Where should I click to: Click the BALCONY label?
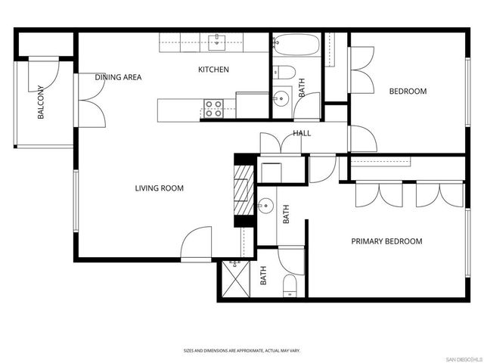pyautogui.click(x=41, y=104)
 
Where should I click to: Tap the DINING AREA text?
pyautogui.click(x=118, y=77)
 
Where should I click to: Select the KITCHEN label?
pyautogui.click(x=213, y=70)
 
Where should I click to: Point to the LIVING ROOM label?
pyautogui.click(x=160, y=188)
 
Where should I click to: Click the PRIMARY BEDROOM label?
pyautogui.click(x=386, y=241)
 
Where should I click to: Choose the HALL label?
pyautogui.click(x=302, y=134)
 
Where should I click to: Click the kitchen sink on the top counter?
pyautogui.click(x=219, y=41)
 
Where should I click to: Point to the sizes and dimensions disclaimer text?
pyautogui.click(x=241, y=351)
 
